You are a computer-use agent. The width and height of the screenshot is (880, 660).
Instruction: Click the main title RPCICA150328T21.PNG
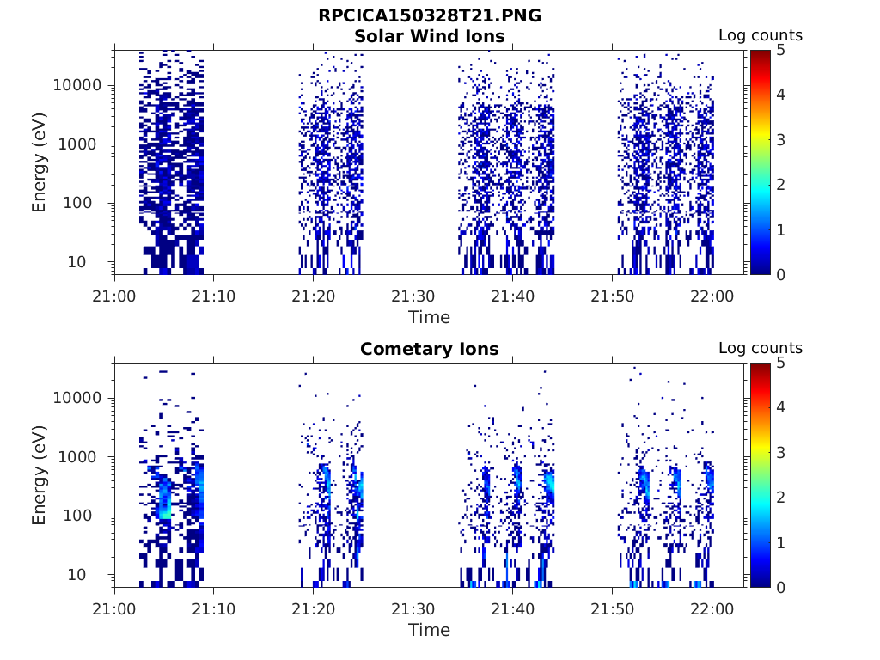tap(430, 15)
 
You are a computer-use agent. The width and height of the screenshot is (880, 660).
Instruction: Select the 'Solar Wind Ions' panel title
tap(430, 36)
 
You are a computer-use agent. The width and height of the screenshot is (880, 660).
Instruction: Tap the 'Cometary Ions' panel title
tap(430, 349)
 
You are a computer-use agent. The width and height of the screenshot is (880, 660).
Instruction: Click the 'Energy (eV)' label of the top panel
tap(40, 162)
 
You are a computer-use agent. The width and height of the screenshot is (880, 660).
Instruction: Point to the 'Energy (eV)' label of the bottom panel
tap(40, 475)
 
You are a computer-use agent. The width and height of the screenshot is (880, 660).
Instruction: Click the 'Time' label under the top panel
tap(429, 317)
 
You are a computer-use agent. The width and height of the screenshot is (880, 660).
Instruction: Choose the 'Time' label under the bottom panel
tap(429, 630)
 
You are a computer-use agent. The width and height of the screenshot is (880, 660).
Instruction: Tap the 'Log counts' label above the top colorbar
tap(760, 35)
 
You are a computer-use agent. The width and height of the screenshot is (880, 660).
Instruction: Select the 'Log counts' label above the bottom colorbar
tap(760, 348)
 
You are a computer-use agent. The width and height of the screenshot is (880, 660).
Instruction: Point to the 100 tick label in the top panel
tap(87, 204)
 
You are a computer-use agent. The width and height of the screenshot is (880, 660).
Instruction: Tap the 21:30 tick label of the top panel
tap(412, 296)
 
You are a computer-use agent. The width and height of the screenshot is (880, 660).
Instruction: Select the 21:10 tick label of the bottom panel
tap(213, 608)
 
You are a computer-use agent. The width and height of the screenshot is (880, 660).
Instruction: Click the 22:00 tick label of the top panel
tap(712, 296)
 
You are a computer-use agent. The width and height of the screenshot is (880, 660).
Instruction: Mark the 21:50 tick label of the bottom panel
tap(612, 608)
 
